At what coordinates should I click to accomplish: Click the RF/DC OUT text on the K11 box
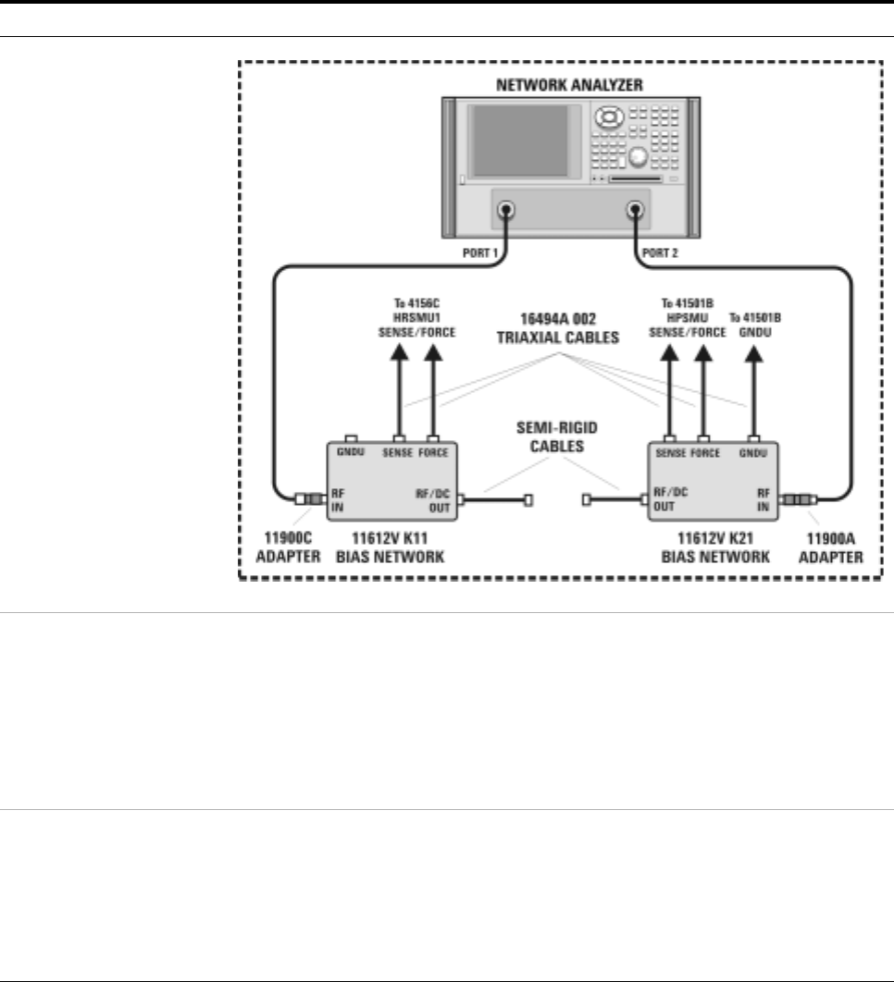pyautogui.click(x=433, y=499)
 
